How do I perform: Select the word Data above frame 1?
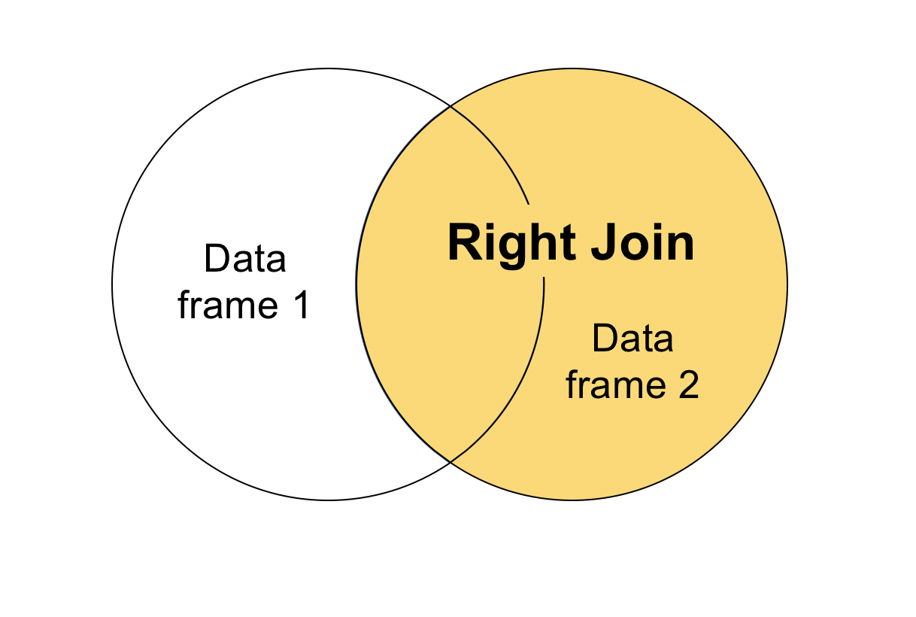pos(245,260)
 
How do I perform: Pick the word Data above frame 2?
pos(632,339)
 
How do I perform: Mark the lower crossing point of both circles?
pos(450,461)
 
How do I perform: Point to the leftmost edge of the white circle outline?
pos(112,284)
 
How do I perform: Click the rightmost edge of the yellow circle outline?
pos(787,284)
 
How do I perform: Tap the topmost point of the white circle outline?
pos(329,68)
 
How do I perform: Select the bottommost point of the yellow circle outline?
pos(572,500)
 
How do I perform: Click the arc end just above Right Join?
pos(529,204)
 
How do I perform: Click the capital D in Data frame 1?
pos(215,260)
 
